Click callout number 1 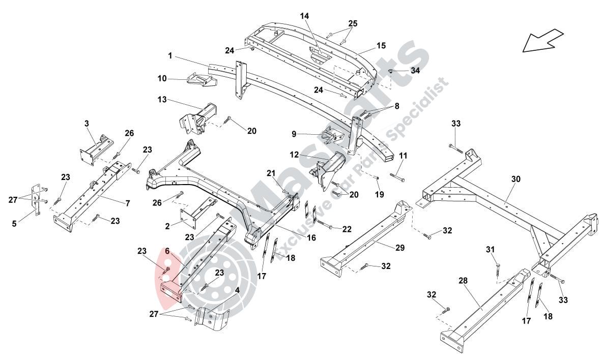170,54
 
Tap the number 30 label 516,179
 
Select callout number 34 415,71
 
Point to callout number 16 311,237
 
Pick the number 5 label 14,222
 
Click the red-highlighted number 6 166,251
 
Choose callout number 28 463,281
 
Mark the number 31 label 490,249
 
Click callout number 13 162,100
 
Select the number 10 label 162,78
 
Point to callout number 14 304,16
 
